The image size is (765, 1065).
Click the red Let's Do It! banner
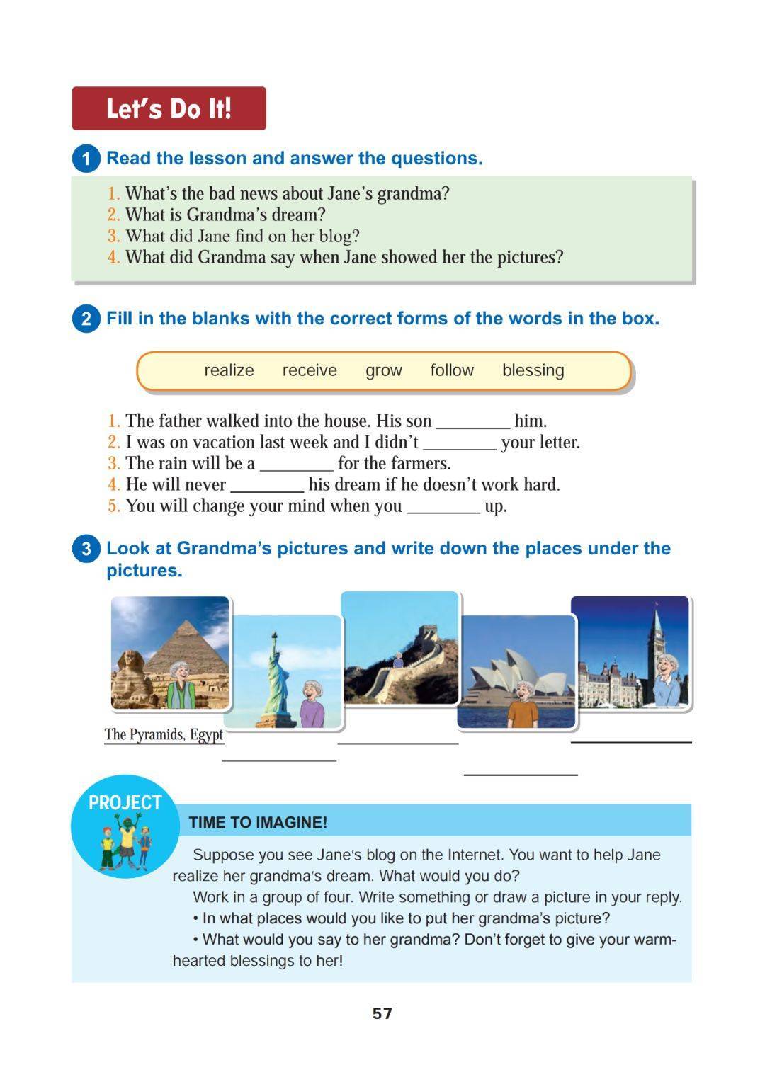(169, 108)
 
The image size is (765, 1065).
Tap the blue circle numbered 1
(86, 159)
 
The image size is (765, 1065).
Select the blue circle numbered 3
(86, 549)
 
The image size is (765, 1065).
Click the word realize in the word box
(229, 370)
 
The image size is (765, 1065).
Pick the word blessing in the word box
(533, 370)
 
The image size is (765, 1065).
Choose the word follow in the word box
(452, 370)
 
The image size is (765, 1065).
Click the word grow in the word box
(383, 370)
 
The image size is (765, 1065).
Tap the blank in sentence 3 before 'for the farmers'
(296, 465)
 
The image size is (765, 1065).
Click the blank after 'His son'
(472, 423)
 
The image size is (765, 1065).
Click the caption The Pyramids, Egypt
(164, 734)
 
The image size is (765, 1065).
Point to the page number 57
(382, 1013)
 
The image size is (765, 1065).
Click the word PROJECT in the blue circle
(125, 802)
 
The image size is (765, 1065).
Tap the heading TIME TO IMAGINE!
(258, 822)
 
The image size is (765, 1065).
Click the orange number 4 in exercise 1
(113, 257)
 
